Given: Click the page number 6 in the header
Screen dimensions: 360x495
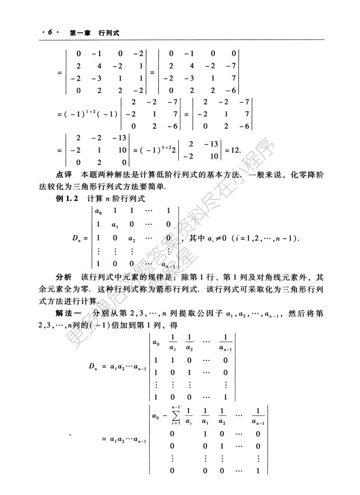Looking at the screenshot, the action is pyautogui.click(x=48, y=33).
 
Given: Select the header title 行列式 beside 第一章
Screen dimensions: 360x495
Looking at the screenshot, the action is pyautogui.click(x=108, y=33).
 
